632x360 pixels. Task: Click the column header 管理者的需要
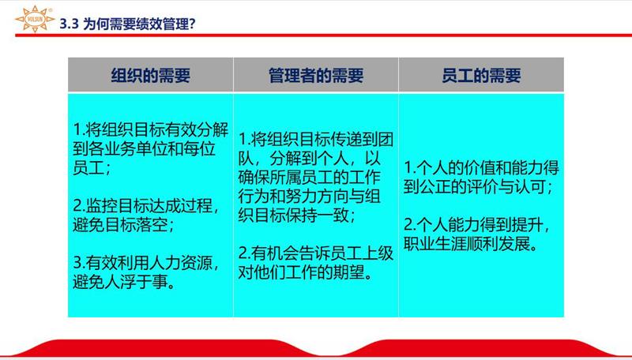pyautogui.click(x=316, y=76)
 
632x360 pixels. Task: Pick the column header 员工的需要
pyautogui.click(x=481, y=76)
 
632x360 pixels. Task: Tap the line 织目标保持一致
pyautogui.click(x=297, y=215)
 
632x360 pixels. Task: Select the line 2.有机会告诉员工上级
pyautogui.click(x=316, y=254)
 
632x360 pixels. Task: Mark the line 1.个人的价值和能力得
pyautogui.click(x=482, y=168)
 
